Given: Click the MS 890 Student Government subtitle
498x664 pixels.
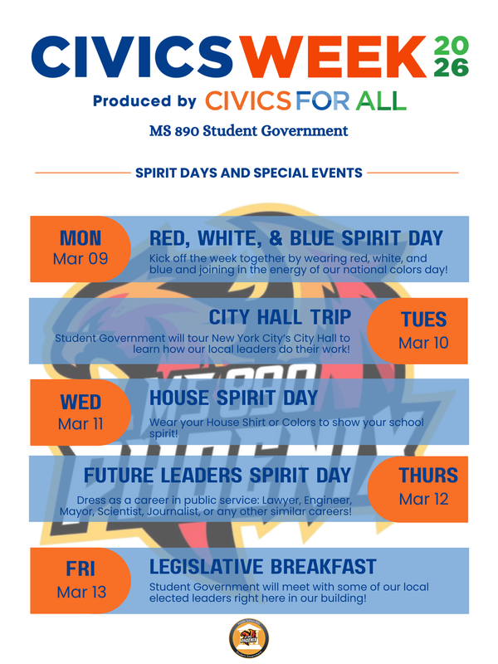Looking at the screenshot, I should [x=249, y=131].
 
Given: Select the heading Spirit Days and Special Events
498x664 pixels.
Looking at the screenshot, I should [x=248, y=173].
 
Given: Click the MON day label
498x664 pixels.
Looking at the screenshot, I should [x=81, y=239].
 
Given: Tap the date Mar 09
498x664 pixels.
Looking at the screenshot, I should [x=81, y=259].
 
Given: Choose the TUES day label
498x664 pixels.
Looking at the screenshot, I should [x=423, y=320].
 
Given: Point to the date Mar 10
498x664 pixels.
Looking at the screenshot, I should [x=423, y=341].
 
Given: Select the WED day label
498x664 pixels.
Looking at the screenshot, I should [x=81, y=403].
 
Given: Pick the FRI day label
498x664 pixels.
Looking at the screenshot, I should [x=81, y=569].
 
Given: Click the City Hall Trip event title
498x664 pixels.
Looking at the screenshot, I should [x=280, y=317].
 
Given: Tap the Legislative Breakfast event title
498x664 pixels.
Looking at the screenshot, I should [x=262, y=567].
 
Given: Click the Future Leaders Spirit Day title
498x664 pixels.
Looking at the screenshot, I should [x=217, y=476].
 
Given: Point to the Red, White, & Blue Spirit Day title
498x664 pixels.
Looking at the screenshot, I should [x=296, y=238].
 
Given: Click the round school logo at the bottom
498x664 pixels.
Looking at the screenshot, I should [x=247, y=640].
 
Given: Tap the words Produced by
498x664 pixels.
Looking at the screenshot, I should [x=144, y=101].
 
